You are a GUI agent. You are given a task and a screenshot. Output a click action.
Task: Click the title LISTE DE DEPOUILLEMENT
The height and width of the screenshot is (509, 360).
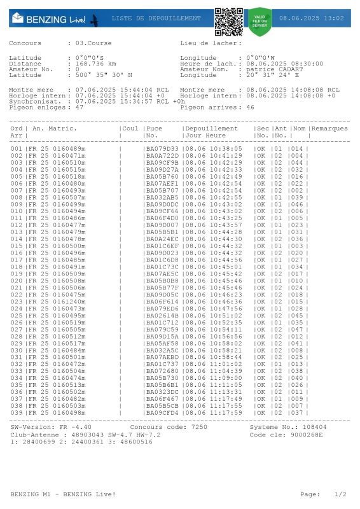click(155, 18)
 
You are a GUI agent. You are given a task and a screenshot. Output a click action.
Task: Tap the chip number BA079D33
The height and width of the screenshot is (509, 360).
click(162, 149)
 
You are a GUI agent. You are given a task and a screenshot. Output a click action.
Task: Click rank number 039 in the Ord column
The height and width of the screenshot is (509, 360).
click(16, 412)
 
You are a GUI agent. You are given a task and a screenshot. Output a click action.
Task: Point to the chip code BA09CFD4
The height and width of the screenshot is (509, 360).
click(162, 412)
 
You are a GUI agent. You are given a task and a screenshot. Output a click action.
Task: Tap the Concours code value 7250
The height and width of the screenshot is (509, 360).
click(199, 427)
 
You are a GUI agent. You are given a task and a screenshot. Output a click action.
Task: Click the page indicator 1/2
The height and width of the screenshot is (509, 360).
click(341, 494)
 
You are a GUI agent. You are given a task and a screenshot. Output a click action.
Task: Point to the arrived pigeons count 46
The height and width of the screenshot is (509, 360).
click(250, 108)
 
